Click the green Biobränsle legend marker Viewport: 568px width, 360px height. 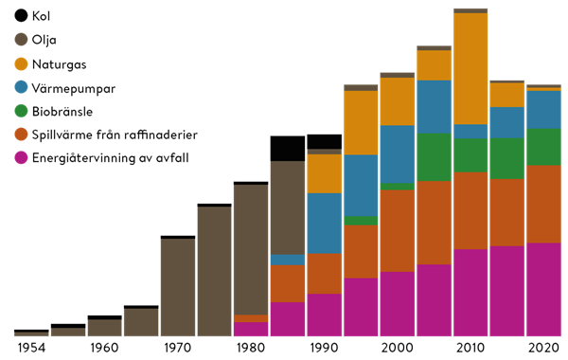[x=22, y=112]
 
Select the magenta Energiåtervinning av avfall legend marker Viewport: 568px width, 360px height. [x=22, y=159]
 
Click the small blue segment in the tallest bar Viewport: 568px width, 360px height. [x=470, y=132]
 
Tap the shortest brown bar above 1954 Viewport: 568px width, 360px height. [x=31, y=334]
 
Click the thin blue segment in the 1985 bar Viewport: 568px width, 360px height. [x=288, y=260]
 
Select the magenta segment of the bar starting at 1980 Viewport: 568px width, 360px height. [x=251, y=329]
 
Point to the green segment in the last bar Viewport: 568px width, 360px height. [x=543, y=147]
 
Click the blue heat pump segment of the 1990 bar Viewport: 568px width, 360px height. [x=325, y=223]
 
